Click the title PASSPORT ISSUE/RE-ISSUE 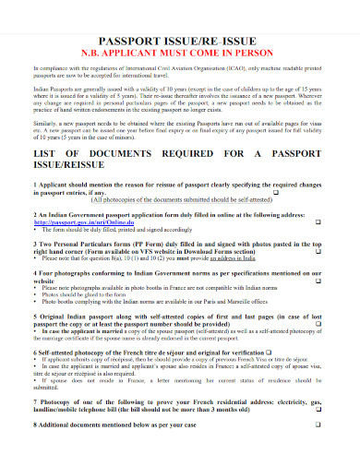[x=180, y=42]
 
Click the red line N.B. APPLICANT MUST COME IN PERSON [x=180, y=54]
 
